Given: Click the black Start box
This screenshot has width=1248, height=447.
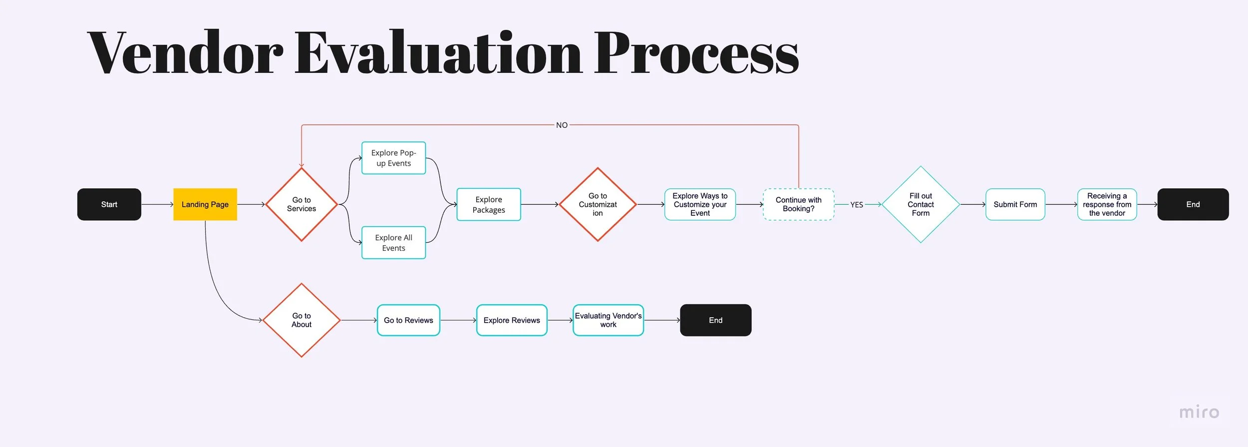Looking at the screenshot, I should (109, 204).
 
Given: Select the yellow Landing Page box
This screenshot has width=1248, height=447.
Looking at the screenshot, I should (205, 204).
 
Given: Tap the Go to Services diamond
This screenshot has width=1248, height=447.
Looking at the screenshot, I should (301, 204).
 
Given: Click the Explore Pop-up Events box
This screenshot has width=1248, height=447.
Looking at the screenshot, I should (393, 158).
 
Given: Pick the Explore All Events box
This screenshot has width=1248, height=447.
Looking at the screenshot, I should (393, 243).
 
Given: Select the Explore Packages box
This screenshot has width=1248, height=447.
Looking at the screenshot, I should (488, 204).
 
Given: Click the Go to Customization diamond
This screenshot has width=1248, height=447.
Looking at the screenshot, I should (598, 204).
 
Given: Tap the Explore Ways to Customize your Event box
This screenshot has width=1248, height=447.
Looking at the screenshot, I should (700, 204).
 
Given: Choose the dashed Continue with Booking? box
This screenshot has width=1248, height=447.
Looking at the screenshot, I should (798, 204).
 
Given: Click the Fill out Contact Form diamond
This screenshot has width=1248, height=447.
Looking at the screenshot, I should (921, 204).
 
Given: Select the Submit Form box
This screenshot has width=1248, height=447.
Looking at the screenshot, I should (1015, 204).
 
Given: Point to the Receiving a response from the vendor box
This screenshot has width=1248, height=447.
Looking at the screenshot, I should (1107, 204).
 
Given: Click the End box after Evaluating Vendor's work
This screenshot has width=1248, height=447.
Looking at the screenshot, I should (715, 320).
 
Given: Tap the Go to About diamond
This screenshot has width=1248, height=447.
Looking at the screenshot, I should (301, 320).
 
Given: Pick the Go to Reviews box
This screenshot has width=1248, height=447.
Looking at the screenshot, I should (408, 320).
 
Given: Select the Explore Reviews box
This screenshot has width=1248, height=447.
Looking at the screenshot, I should (512, 320).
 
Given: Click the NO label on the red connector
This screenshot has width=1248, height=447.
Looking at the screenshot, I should (562, 125).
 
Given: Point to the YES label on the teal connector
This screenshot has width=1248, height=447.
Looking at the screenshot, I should (857, 205).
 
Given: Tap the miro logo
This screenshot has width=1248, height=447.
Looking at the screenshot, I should (1199, 412).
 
